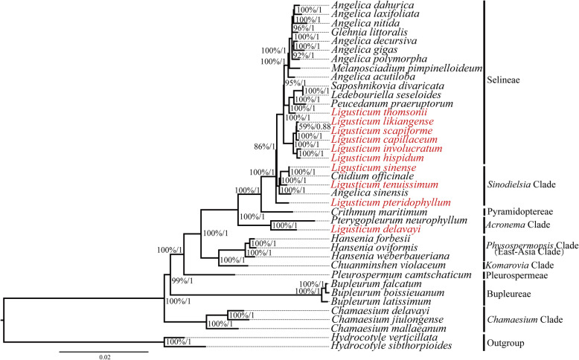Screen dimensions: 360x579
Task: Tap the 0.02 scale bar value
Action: (104, 356)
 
